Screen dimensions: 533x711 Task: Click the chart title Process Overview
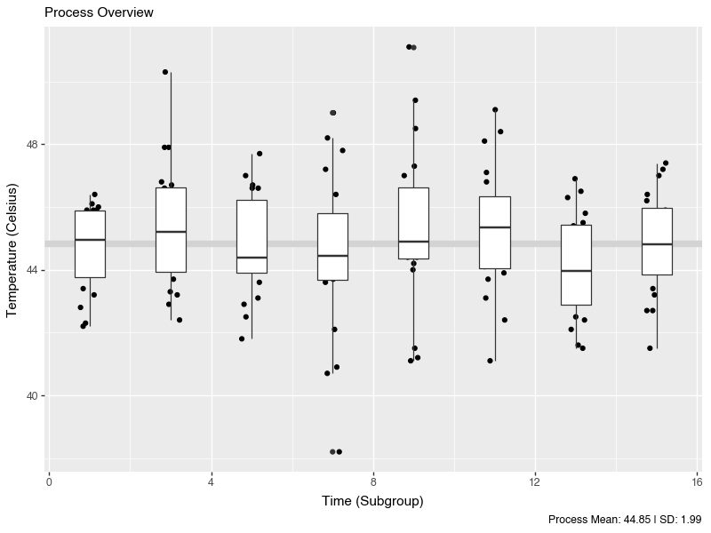[99, 12]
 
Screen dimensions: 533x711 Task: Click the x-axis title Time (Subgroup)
[372, 501]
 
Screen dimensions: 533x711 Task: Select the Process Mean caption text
[625, 519]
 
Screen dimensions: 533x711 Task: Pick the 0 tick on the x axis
[49, 482]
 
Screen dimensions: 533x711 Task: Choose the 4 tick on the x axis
[211, 482]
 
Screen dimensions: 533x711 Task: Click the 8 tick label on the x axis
[373, 482]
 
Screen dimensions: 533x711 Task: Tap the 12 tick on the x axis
[535, 482]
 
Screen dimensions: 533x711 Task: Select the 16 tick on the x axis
[697, 482]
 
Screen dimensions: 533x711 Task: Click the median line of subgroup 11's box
[495, 227]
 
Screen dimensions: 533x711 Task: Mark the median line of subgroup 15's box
[657, 244]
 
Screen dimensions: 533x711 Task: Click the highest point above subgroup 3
[165, 72]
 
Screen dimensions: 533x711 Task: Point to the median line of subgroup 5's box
[252, 258]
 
